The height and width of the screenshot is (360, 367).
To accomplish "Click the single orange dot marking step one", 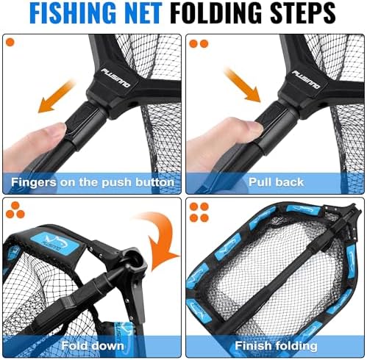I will point(10,43).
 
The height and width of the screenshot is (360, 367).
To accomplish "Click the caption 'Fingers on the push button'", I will point(92,181).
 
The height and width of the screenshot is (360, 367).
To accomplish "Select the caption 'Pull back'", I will point(275,181).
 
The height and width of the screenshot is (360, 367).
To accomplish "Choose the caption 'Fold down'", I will point(92,345).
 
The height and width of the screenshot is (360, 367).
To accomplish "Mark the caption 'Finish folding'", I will point(275,345).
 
